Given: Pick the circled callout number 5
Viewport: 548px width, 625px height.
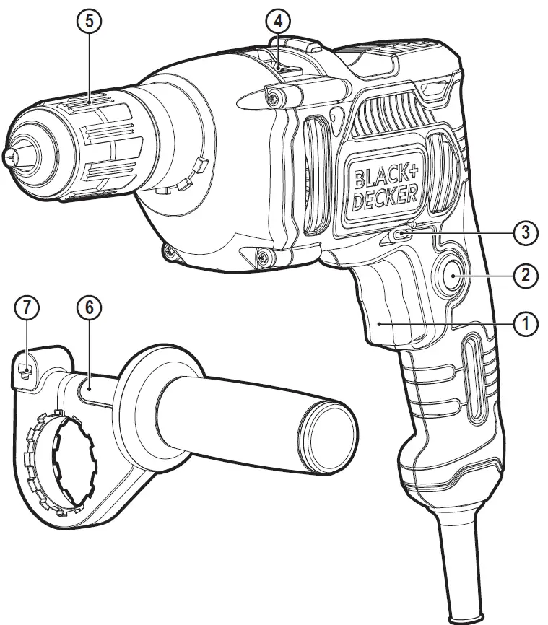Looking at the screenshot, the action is coord(89,21).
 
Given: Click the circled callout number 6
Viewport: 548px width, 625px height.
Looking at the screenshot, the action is coord(89,308).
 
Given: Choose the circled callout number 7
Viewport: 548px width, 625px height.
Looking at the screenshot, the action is coord(27,308).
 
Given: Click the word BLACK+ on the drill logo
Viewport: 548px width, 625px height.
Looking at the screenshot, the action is coord(385,174).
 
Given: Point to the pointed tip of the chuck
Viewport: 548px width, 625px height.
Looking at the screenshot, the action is coord(9,155).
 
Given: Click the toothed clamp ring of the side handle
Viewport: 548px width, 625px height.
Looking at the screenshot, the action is coord(56,463).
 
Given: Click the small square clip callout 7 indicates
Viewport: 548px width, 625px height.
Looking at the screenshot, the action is coord(26,370).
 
